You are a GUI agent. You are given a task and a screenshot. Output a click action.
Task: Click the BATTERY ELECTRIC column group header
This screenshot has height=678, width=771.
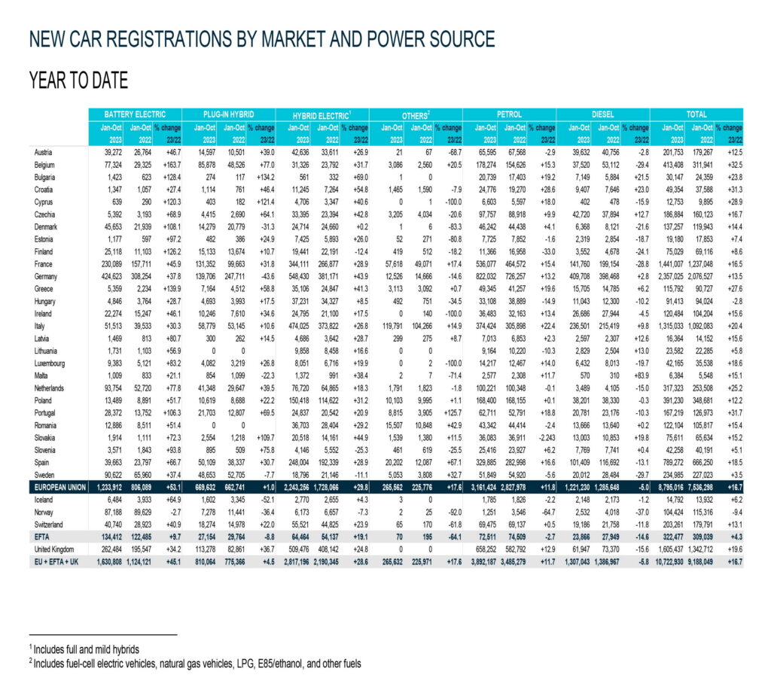coord(133,114)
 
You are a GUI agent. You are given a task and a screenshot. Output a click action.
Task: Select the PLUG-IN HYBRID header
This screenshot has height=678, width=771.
coord(228,114)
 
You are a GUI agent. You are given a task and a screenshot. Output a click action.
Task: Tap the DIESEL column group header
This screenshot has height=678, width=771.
coord(602,114)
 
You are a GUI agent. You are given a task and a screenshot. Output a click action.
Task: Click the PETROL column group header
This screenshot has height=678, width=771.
coord(509,114)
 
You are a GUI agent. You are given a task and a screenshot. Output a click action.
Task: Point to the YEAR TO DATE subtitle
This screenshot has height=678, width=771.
coord(78,80)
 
